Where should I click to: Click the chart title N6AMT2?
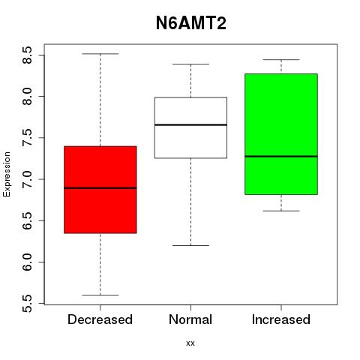(x=191, y=23)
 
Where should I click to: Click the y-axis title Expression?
(x=7, y=174)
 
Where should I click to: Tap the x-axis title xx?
(x=190, y=343)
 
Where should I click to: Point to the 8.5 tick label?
(x=28, y=55)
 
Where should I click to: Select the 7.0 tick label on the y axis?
(x=28, y=179)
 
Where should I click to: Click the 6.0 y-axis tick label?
(x=28, y=262)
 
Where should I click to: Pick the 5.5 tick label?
(x=28, y=304)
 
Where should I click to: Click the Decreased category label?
(x=100, y=319)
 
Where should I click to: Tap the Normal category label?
(x=190, y=319)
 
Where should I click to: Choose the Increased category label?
(x=281, y=319)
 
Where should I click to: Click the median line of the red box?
(x=100, y=188)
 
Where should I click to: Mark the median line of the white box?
(x=190, y=124)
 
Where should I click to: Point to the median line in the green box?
(x=281, y=156)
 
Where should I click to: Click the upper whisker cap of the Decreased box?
(x=100, y=54)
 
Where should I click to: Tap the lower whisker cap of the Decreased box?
(x=100, y=295)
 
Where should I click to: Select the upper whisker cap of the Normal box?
(x=190, y=64)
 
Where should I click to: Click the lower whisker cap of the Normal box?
(x=190, y=245)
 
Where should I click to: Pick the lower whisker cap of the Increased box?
(x=281, y=211)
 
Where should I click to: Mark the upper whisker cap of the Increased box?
(x=281, y=60)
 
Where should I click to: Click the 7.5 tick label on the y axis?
(x=28, y=138)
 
